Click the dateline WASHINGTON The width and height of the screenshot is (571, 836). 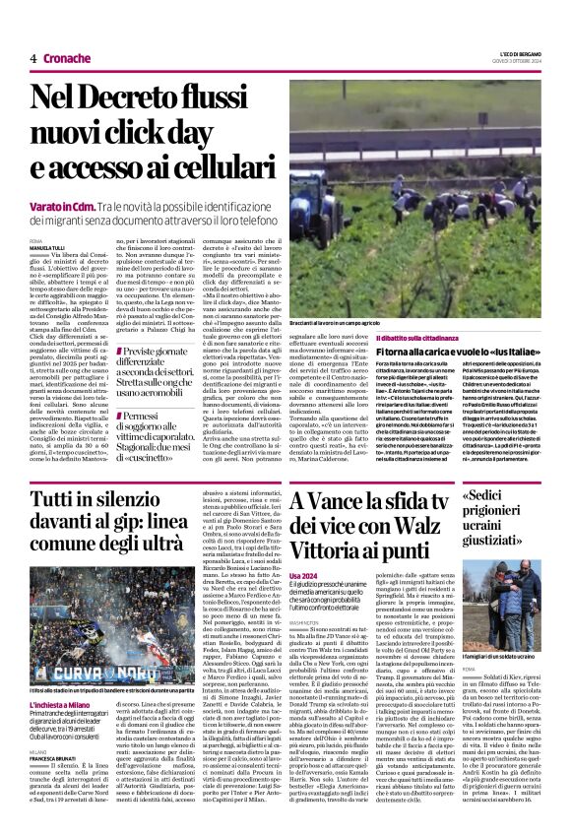(x=309, y=652)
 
